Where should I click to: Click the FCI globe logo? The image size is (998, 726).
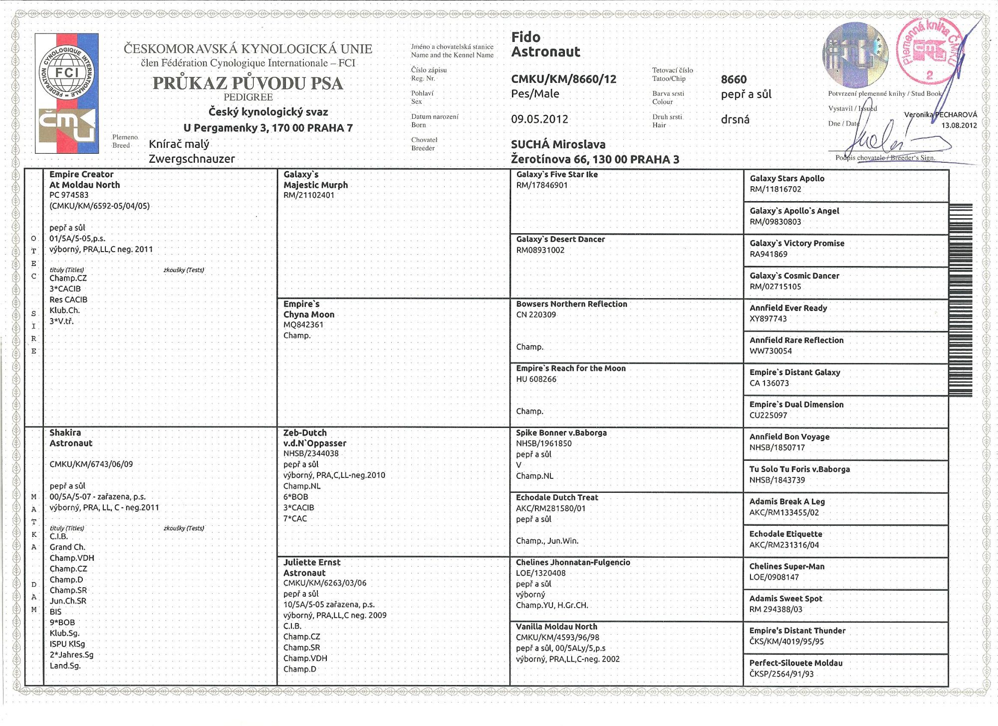click(x=67, y=73)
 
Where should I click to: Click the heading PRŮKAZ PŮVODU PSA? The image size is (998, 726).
click(x=248, y=83)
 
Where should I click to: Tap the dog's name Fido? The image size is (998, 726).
click(x=525, y=37)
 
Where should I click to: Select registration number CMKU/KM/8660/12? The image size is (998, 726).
click(x=563, y=79)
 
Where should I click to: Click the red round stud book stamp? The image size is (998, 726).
click(x=929, y=52)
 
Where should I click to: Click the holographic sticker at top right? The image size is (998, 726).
click(x=855, y=54)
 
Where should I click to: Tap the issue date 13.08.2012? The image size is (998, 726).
click(x=959, y=125)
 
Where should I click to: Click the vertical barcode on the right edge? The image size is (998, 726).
click(x=961, y=300)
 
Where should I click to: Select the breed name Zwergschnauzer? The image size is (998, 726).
click(x=192, y=159)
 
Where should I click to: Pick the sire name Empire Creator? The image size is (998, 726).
click(x=81, y=174)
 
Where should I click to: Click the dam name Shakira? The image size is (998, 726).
click(x=65, y=432)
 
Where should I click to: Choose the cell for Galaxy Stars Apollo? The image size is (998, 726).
click(x=787, y=179)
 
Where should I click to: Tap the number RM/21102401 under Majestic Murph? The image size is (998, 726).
click(x=309, y=195)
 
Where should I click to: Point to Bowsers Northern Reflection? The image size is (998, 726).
click(x=571, y=304)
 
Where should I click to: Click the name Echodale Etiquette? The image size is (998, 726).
click(x=785, y=534)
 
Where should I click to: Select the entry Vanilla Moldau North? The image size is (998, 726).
click(x=556, y=627)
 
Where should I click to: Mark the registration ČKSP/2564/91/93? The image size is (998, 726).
click(x=781, y=674)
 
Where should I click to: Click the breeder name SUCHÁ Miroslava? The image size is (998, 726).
click(x=558, y=145)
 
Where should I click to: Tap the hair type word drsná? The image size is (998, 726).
click(x=735, y=119)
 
